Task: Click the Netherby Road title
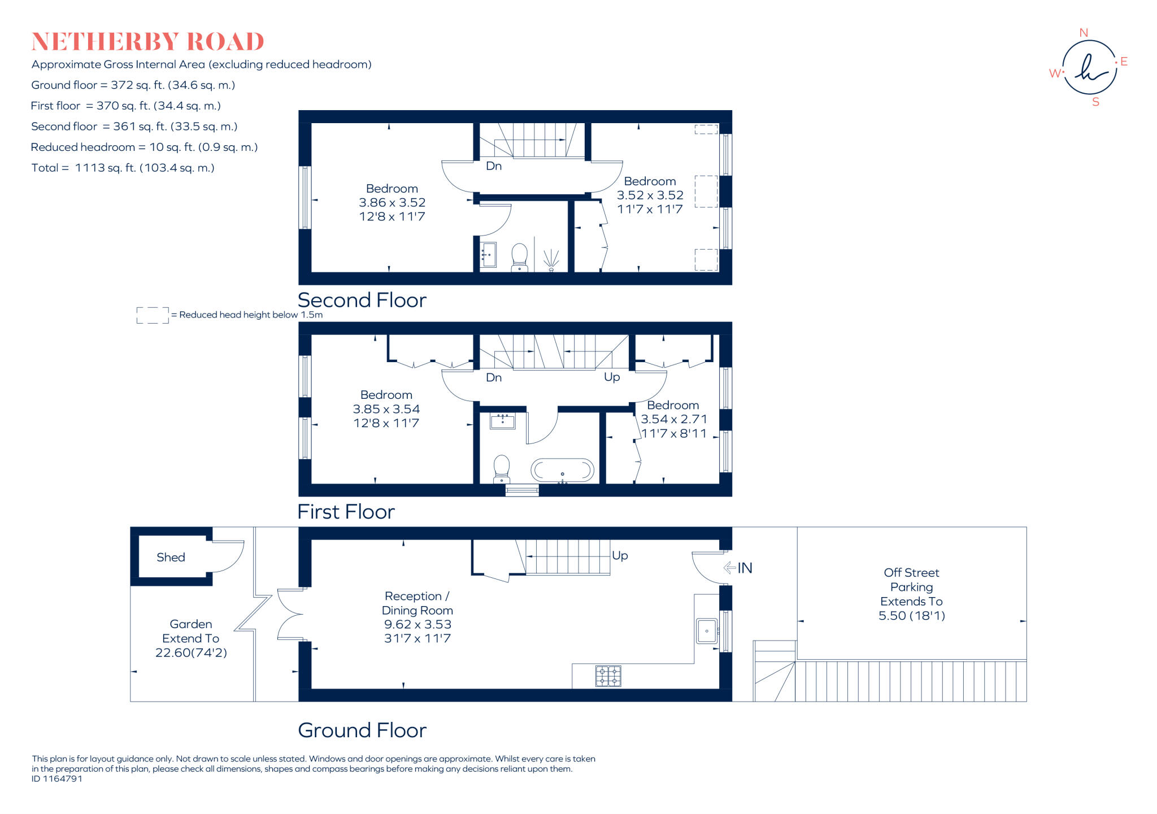[x=147, y=42]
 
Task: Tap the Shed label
[x=171, y=558]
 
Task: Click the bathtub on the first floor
[x=562, y=470]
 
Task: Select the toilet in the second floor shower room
[x=519, y=256]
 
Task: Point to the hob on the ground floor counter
[x=608, y=676]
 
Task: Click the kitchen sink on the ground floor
[x=707, y=630]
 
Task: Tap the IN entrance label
[x=744, y=568]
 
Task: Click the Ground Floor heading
[x=362, y=730]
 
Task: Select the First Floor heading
[x=346, y=512]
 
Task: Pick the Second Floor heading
[x=362, y=300]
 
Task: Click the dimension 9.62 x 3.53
[x=417, y=624]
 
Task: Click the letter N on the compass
[x=1084, y=33]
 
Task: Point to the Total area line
[x=123, y=168]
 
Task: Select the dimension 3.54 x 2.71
[x=673, y=419]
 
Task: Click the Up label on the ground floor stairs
[x=620, y=555]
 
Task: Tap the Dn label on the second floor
[x=494, y=166]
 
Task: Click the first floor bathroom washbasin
[x=502, y=421]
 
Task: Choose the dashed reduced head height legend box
[x=153, y=315]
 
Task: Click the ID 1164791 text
[x=57, y=778]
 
